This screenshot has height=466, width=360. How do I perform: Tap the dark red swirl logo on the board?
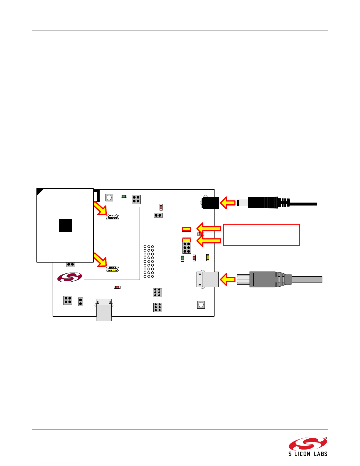tap(70, 277)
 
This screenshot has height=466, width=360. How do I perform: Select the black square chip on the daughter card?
tap(65, 226)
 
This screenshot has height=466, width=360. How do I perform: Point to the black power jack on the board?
tap(210, 203)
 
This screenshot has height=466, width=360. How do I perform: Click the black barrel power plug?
tap(277, 203)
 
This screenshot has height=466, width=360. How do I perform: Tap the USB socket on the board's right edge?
tap(207, 279)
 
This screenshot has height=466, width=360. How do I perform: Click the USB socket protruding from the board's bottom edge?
tap(104, 310)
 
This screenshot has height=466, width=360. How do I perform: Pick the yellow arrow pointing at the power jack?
tap(228, 203)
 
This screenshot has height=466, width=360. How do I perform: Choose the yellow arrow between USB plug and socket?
tap(228, 279)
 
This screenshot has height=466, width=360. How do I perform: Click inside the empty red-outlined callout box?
tap(262, 235)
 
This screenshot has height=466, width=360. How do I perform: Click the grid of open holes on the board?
tap(149, 261)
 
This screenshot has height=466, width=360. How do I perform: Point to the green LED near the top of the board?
tap(124, 196)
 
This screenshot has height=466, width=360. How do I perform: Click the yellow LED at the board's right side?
tap(208, 258)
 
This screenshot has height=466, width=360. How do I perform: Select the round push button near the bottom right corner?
tap(201, 305)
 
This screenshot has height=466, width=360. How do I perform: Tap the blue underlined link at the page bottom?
tap(58, 463)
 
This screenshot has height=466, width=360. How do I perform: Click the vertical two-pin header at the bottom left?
tap(81, 302)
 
